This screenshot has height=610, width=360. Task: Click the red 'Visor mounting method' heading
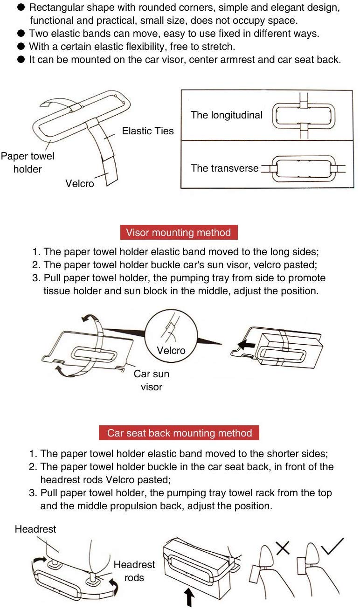coord(179,232)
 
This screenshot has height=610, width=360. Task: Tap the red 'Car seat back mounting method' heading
coord(179,433)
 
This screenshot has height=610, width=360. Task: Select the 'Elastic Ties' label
coord(147,131)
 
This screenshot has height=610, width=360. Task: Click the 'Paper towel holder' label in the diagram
coord(28,162)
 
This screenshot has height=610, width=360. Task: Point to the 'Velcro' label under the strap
coord(80,183)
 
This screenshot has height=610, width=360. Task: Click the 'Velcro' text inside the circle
coord(171,350)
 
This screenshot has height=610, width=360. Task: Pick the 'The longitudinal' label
coord(227,115)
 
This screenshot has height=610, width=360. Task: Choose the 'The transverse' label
coord(224,168)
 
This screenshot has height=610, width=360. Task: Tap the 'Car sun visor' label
coord(151,380)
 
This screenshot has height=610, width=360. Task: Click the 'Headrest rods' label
coord(134,571)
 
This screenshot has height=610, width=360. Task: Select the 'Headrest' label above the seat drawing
coord(35,529)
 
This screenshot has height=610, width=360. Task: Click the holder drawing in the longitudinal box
coord(304,115)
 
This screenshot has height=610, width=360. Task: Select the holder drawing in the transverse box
coord(304,168)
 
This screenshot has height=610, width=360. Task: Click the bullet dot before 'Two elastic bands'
coord(21,34)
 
